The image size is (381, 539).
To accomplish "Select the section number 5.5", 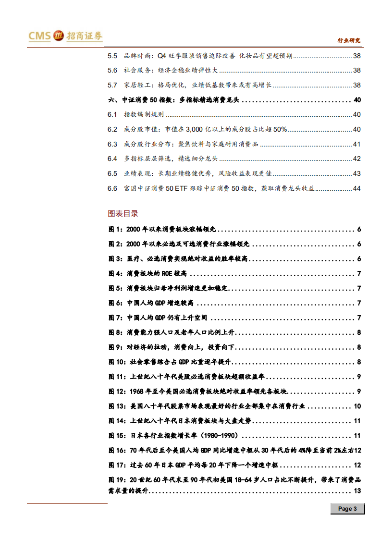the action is click(x=112, y=56).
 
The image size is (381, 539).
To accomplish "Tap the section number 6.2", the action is click(x=112, y=129).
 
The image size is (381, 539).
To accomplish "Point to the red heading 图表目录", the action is click(x=123, y=213).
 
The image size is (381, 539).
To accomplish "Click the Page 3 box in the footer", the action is click(x=347, y=509).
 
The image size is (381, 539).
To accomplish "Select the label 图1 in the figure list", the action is click(x=116, y=230).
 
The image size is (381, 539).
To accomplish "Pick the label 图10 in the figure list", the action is click(x=118, y=362).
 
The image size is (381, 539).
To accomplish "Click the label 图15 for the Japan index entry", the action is click(x=118, y=436).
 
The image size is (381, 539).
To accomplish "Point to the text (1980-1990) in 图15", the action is click(x=223, y=436).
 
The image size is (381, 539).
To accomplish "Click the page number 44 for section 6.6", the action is click(x=356, y=188).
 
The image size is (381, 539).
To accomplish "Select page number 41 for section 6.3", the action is click(x=356, y=144).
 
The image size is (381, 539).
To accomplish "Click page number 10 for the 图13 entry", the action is click(x=357, y=406).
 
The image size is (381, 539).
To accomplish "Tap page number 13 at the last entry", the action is click(x=357, y=490).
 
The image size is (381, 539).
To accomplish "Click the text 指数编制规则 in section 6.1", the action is click(x=144, y=115).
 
